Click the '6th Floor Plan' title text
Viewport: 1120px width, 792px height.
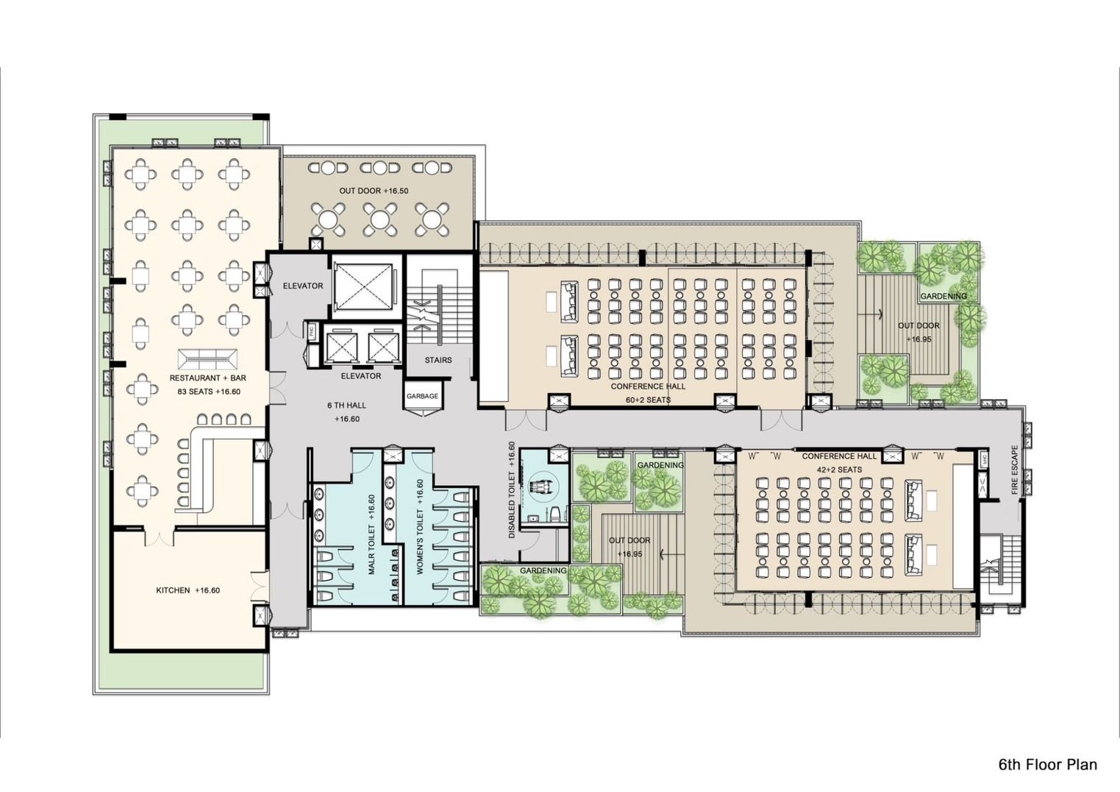pos(1047,765)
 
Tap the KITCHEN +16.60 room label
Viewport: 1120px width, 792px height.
pos(188,590)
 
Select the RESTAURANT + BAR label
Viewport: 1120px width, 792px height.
pos(207,378)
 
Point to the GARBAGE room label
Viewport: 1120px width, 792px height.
pos(422,396)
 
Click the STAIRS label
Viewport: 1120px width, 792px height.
pos(438,360)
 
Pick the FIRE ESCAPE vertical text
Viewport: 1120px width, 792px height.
pos(1014,470)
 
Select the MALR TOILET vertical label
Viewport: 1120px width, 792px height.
pos(371,534)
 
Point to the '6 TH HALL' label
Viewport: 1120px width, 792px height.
pos(346,406)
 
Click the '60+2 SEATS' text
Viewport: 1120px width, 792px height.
pos(648,400)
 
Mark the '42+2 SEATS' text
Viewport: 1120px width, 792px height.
pos(839,470)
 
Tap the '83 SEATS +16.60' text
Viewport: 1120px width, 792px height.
pos(209,392)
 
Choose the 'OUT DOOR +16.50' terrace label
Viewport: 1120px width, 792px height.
pos(374,191)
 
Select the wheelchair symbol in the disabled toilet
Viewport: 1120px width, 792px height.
pos(543,487)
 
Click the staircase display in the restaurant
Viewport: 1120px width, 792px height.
pos(209,359)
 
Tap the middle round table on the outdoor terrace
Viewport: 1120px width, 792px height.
pos(378,218)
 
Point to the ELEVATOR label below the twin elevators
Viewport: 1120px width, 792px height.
pos(360,376)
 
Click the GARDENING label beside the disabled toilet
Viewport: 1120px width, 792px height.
pos(660,465)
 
